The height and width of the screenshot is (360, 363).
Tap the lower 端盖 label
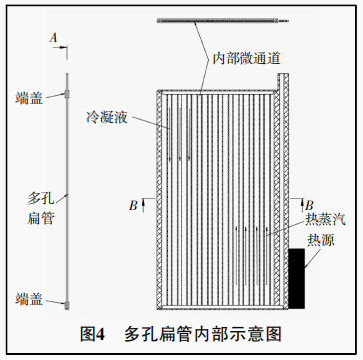(x=30, y=298)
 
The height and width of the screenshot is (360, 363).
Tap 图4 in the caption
(x=93, y=331)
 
